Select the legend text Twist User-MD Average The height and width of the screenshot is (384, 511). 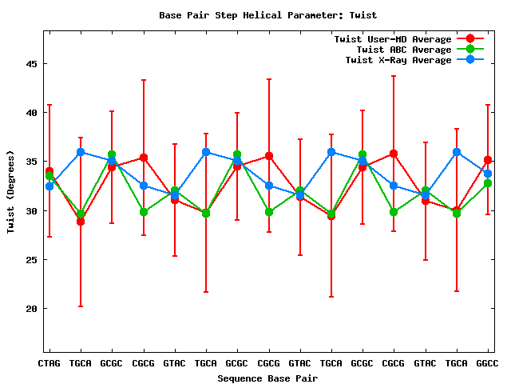click(x=392, y=39)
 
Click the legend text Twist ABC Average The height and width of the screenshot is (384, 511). click(x=398, y=50)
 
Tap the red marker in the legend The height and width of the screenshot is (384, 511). click(x=469, y=39)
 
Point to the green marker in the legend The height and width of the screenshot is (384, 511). click(x=469, y=50)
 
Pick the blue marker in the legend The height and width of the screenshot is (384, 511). click(x=469, y=60)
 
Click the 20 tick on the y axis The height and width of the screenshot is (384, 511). click(x=32, y=309)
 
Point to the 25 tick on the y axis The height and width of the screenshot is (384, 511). click(x=32, y=260)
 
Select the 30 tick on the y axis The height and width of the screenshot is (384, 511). click(x=32, y=210)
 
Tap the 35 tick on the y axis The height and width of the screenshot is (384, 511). click(x=32, y=162)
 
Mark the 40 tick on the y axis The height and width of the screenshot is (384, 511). click(x=32, y=113)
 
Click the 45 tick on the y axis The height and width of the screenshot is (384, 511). click(x=32, y=64)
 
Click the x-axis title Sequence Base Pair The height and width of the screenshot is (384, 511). click(x=268, y=377)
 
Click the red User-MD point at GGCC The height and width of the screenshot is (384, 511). click(x=488, y=160)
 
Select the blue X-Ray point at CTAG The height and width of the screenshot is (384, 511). click(x=50, y=186)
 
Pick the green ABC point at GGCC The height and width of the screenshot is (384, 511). click(x=488, y=183)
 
